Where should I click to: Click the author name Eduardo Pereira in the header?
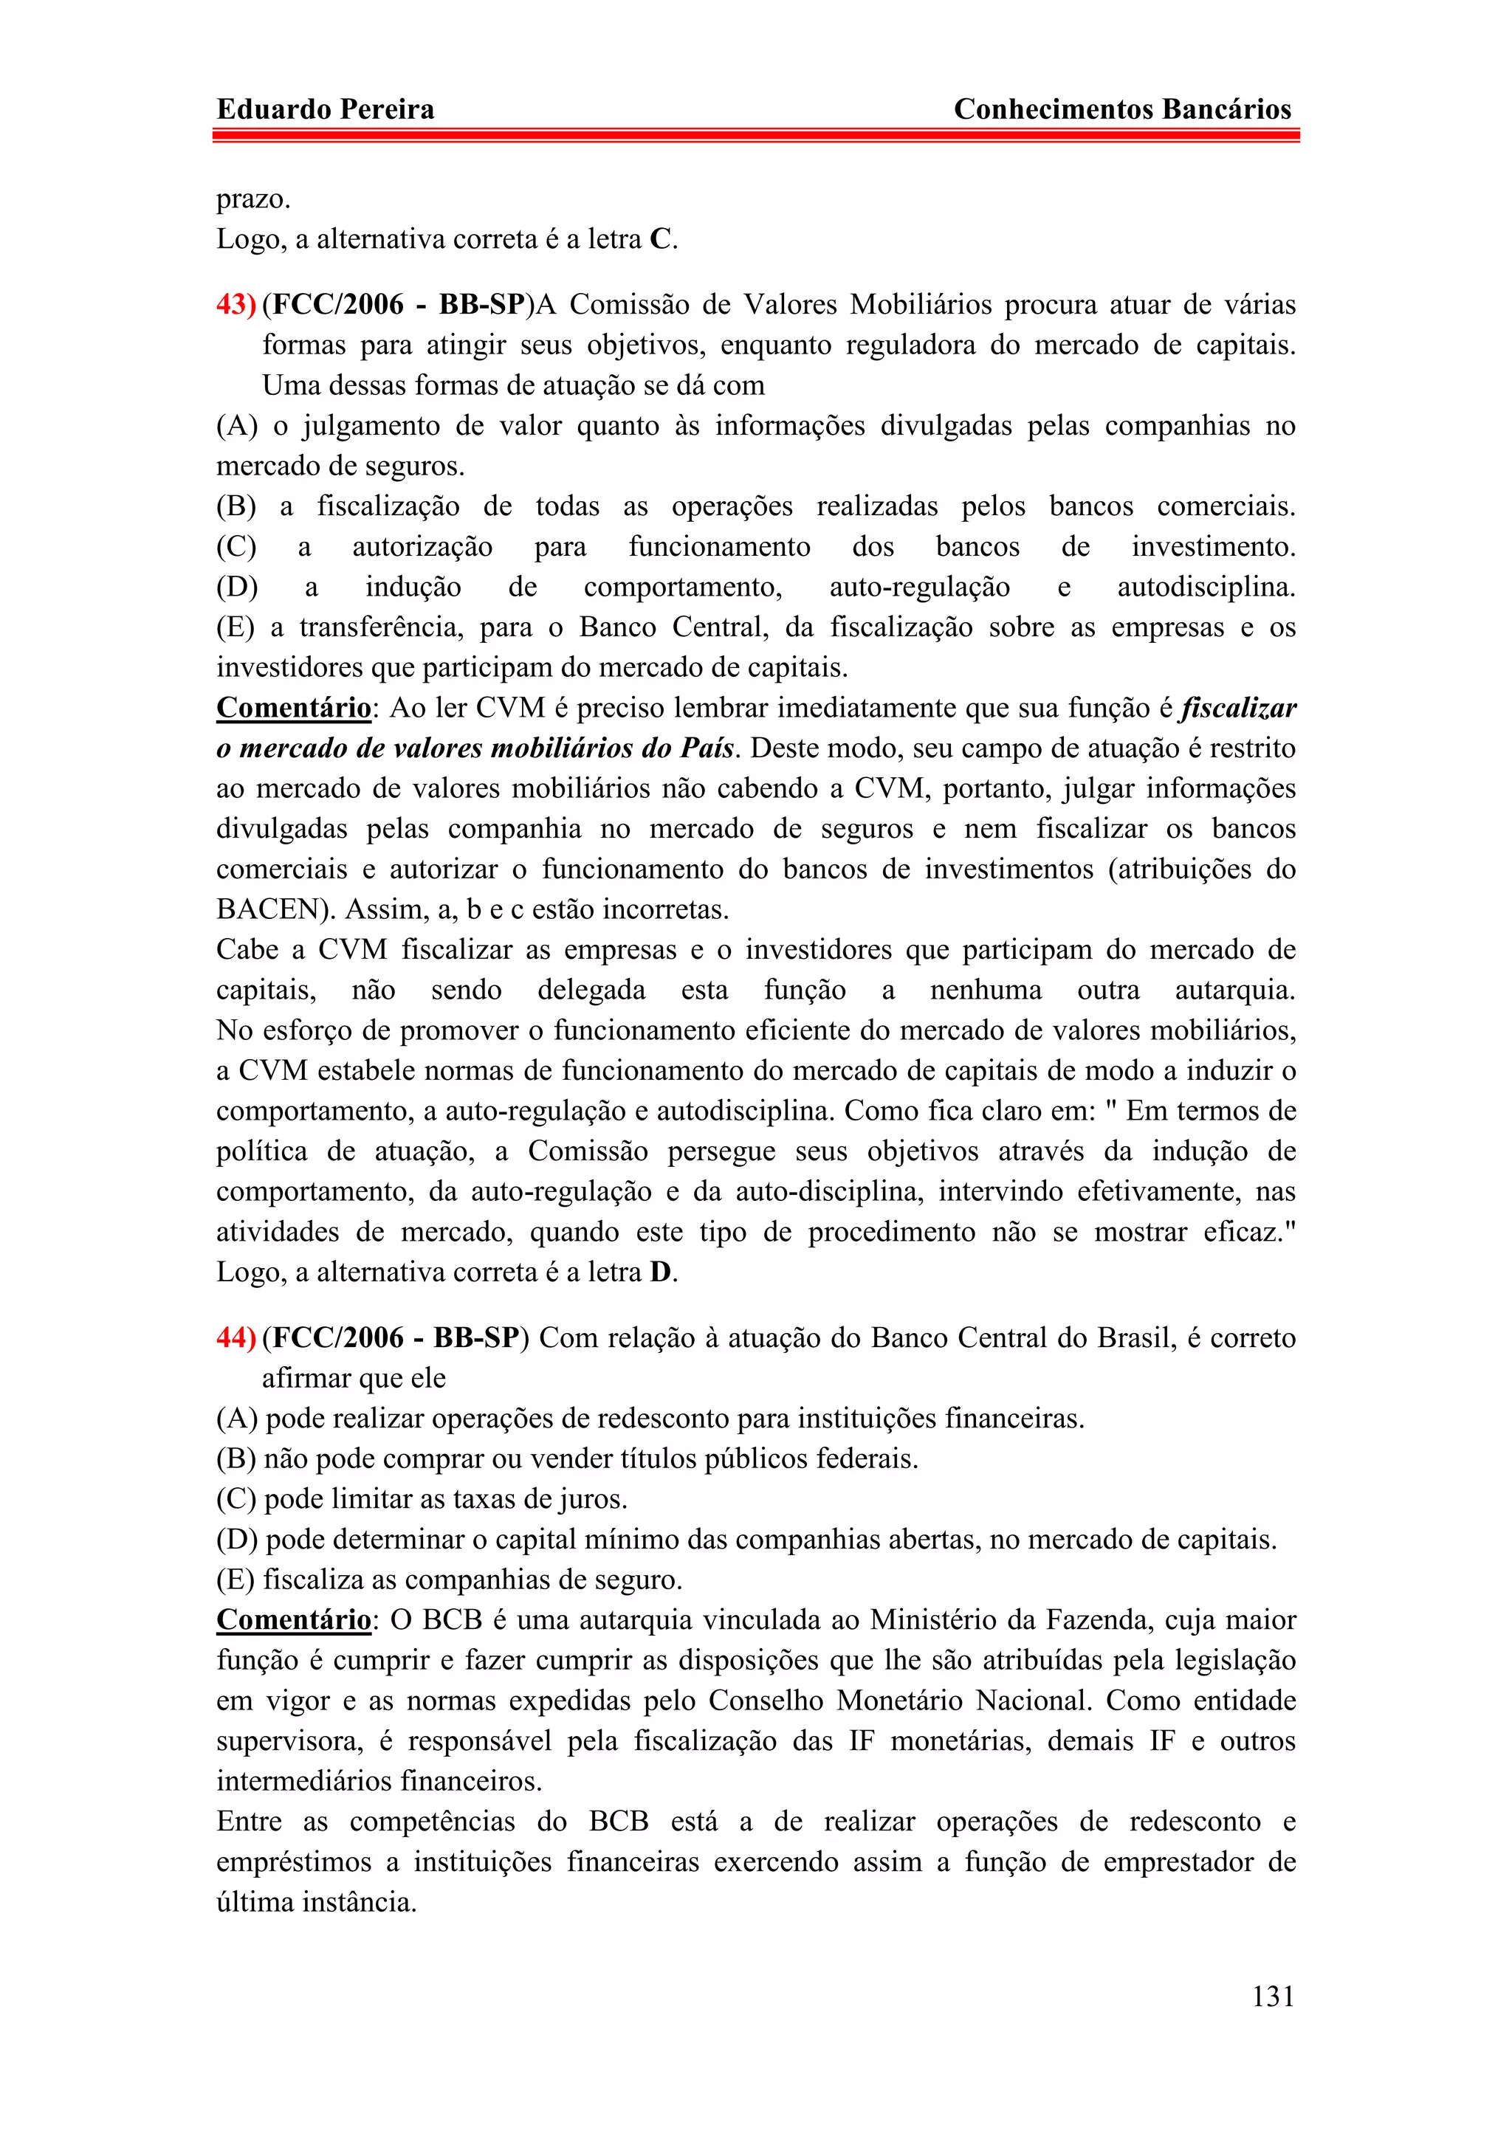pyautogui.click(x=325, y=109)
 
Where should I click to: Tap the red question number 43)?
pyautogui.click(x=236, y=305)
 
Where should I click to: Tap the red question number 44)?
pyautogui.click(x=236, y=1338)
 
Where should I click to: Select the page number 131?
pyautogui.click(x=1273, y=1996)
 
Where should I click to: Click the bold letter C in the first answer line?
pyautogui.click(x=661, y=239)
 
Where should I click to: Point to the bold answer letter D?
pyautogui.click(x=661, y=1272)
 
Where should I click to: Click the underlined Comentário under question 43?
pyautogui.click(x=293, y=708)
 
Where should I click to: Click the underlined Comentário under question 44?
pyautogui.click(x=293, y=1620)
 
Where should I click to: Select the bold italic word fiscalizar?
pyautogui.click(x=1238, y=708)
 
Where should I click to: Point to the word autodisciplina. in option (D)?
pyautogui.click(x=1206, y=587)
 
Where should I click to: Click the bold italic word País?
pyautogui.click(x=708, y=748)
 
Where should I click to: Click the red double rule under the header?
pyautogui.click(x=755, y=136)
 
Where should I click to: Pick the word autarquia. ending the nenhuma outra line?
pyautogui.click(x=1234, y=991)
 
